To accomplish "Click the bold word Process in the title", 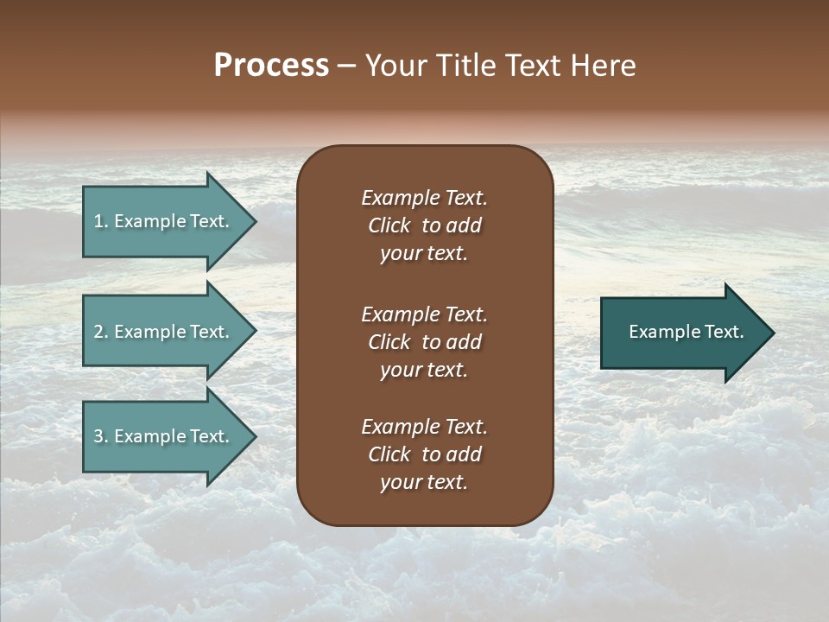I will [x=271, y=66].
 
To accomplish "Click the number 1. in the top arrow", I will [x=101, y=221].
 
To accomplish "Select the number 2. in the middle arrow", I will [x=101, y=332].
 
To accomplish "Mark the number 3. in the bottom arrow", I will [x=101, y=436].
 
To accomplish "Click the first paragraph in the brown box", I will [x=424, y=225].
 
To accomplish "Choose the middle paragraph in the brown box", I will [x=424, y=342].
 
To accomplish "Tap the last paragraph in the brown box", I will [x=424, y=454].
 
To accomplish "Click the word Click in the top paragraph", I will [x=389, y=225].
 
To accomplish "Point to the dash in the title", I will [x=346, y=66].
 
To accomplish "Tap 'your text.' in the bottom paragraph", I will [x=424, y=483].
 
